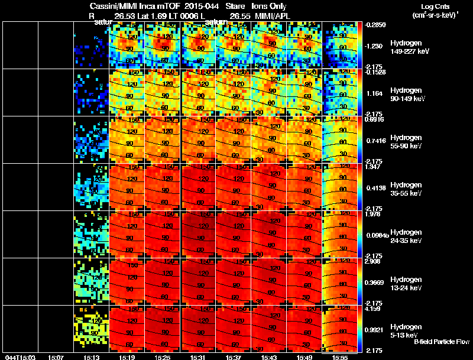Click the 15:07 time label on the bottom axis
56,357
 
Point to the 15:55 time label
340,357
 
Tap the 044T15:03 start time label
19,357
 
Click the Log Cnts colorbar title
433,10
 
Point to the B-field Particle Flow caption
442,342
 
